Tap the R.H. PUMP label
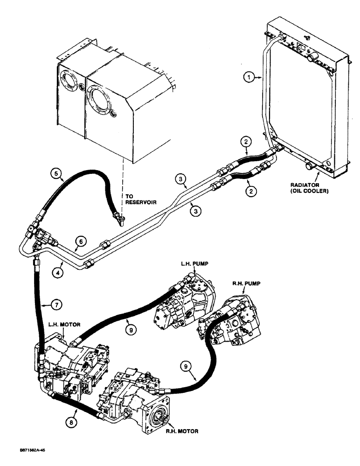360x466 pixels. [247, 283]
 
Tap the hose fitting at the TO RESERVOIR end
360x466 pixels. [117, 216]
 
